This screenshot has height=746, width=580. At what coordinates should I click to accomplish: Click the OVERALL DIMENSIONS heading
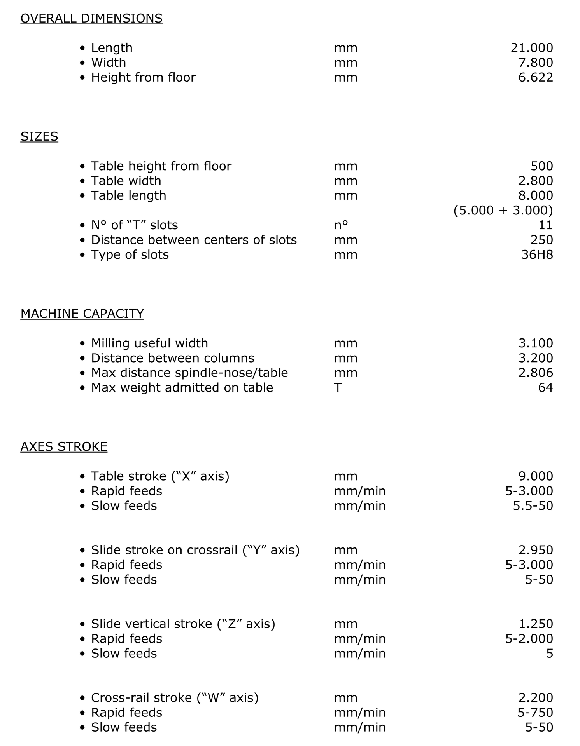point(91,18)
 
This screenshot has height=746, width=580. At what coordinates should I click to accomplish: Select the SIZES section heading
point(39,136)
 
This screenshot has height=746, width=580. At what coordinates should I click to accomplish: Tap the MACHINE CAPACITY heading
point(82,314)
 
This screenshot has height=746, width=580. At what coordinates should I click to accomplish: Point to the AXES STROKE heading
point(64,446)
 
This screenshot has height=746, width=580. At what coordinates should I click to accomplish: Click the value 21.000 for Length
point(531,48)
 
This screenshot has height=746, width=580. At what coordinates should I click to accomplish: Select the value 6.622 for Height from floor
point(535,77)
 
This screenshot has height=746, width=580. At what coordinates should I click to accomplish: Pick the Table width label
point(126,181)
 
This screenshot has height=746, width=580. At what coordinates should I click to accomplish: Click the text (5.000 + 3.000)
point(503,210)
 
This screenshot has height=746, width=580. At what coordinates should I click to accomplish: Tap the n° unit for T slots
point(341,225)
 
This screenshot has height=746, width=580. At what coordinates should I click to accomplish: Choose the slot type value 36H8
point(537,254)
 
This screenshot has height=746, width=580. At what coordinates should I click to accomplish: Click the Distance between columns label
point(172,358)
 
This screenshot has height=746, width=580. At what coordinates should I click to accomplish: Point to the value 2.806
point(535,373)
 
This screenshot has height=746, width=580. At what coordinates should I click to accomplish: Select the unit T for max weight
point(338,387)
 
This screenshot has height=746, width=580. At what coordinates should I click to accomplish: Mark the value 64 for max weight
point(545,387)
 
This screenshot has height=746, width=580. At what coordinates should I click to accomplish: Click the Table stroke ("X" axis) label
point(160,476)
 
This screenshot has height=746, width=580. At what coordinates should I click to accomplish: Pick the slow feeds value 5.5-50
point(533,505)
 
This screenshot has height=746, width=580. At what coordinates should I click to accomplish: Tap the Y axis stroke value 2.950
point(535,550)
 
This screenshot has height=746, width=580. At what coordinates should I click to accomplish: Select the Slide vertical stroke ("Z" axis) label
point(183,624)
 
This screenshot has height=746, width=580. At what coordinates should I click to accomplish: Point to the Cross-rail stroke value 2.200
point(535,697)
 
